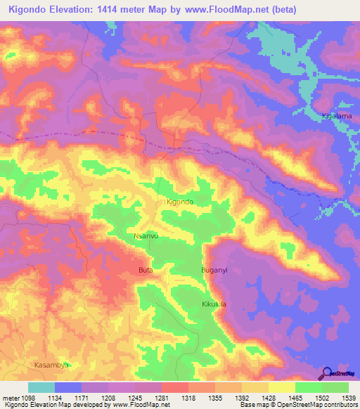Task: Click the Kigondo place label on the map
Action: coord(179,202)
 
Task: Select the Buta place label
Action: coord(146,270)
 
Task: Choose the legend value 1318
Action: coord(188,398)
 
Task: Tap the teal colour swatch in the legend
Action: coord(41,387)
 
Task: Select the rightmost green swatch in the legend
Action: coord(335,387)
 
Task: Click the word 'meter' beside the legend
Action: coord(10,398)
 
